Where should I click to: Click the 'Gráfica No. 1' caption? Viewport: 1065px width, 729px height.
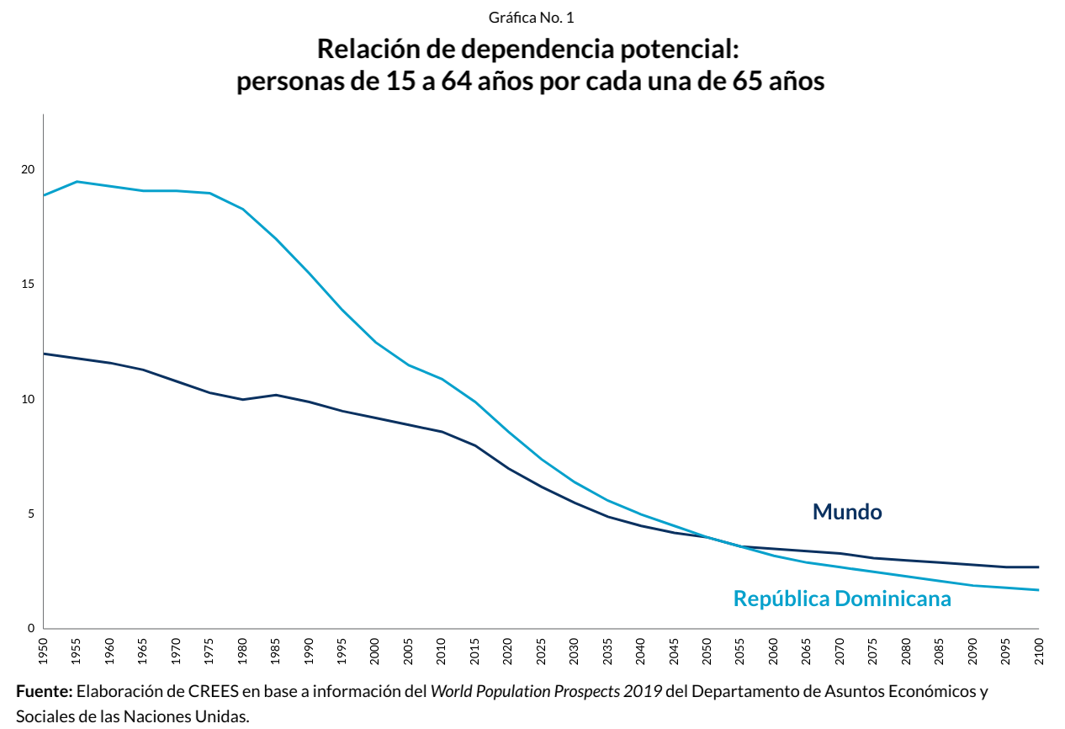click(x=531, y=18)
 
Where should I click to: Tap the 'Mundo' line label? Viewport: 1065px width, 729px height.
click(x=846, y=512)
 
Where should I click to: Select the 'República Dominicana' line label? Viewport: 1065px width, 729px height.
click(x=842, y=599)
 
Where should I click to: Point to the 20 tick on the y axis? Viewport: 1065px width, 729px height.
click(x=29, y=169)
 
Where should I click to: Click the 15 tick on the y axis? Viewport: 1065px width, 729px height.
click(x=29, y=285)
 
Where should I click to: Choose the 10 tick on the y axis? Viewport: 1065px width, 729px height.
click(x=29, y=399)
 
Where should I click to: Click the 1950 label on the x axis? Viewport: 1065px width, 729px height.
click(x=44, y=649)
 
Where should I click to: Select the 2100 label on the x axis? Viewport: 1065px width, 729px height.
click(x=1039, y=649)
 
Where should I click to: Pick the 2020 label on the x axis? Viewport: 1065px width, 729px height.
click(x=508, y=649)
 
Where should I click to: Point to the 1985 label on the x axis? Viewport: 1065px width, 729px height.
click(x=276, y=649)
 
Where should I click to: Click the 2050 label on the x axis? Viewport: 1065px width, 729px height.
click(x=707, y=649)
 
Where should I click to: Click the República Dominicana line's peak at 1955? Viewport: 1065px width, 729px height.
click(x=77, y=181)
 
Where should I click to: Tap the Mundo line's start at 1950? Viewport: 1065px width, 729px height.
click(x=45, y=354)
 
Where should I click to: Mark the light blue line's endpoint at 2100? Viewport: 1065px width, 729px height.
click(x=1038, y=590)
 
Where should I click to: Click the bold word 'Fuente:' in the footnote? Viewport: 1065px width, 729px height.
click(x=45, y=692)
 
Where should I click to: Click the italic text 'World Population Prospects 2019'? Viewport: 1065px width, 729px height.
click(x=546, y=692)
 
